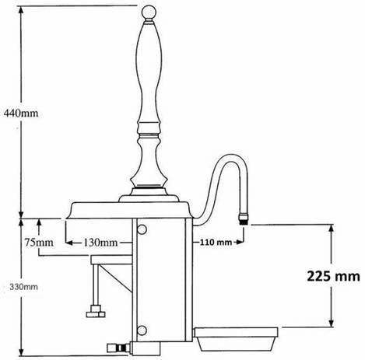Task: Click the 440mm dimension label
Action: pyautogui.click(x=22, y=111)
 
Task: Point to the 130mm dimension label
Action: pyautogui.click(x=102, y=242)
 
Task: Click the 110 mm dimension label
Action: pyautogui.click(x=217, y=242)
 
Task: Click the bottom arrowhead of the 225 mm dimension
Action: pyautogui.click(x=332, y=327)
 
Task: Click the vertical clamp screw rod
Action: pyautogui.click(x=94, y=288)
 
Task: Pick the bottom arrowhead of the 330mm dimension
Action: pyautogui.click(x=22, y=355)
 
